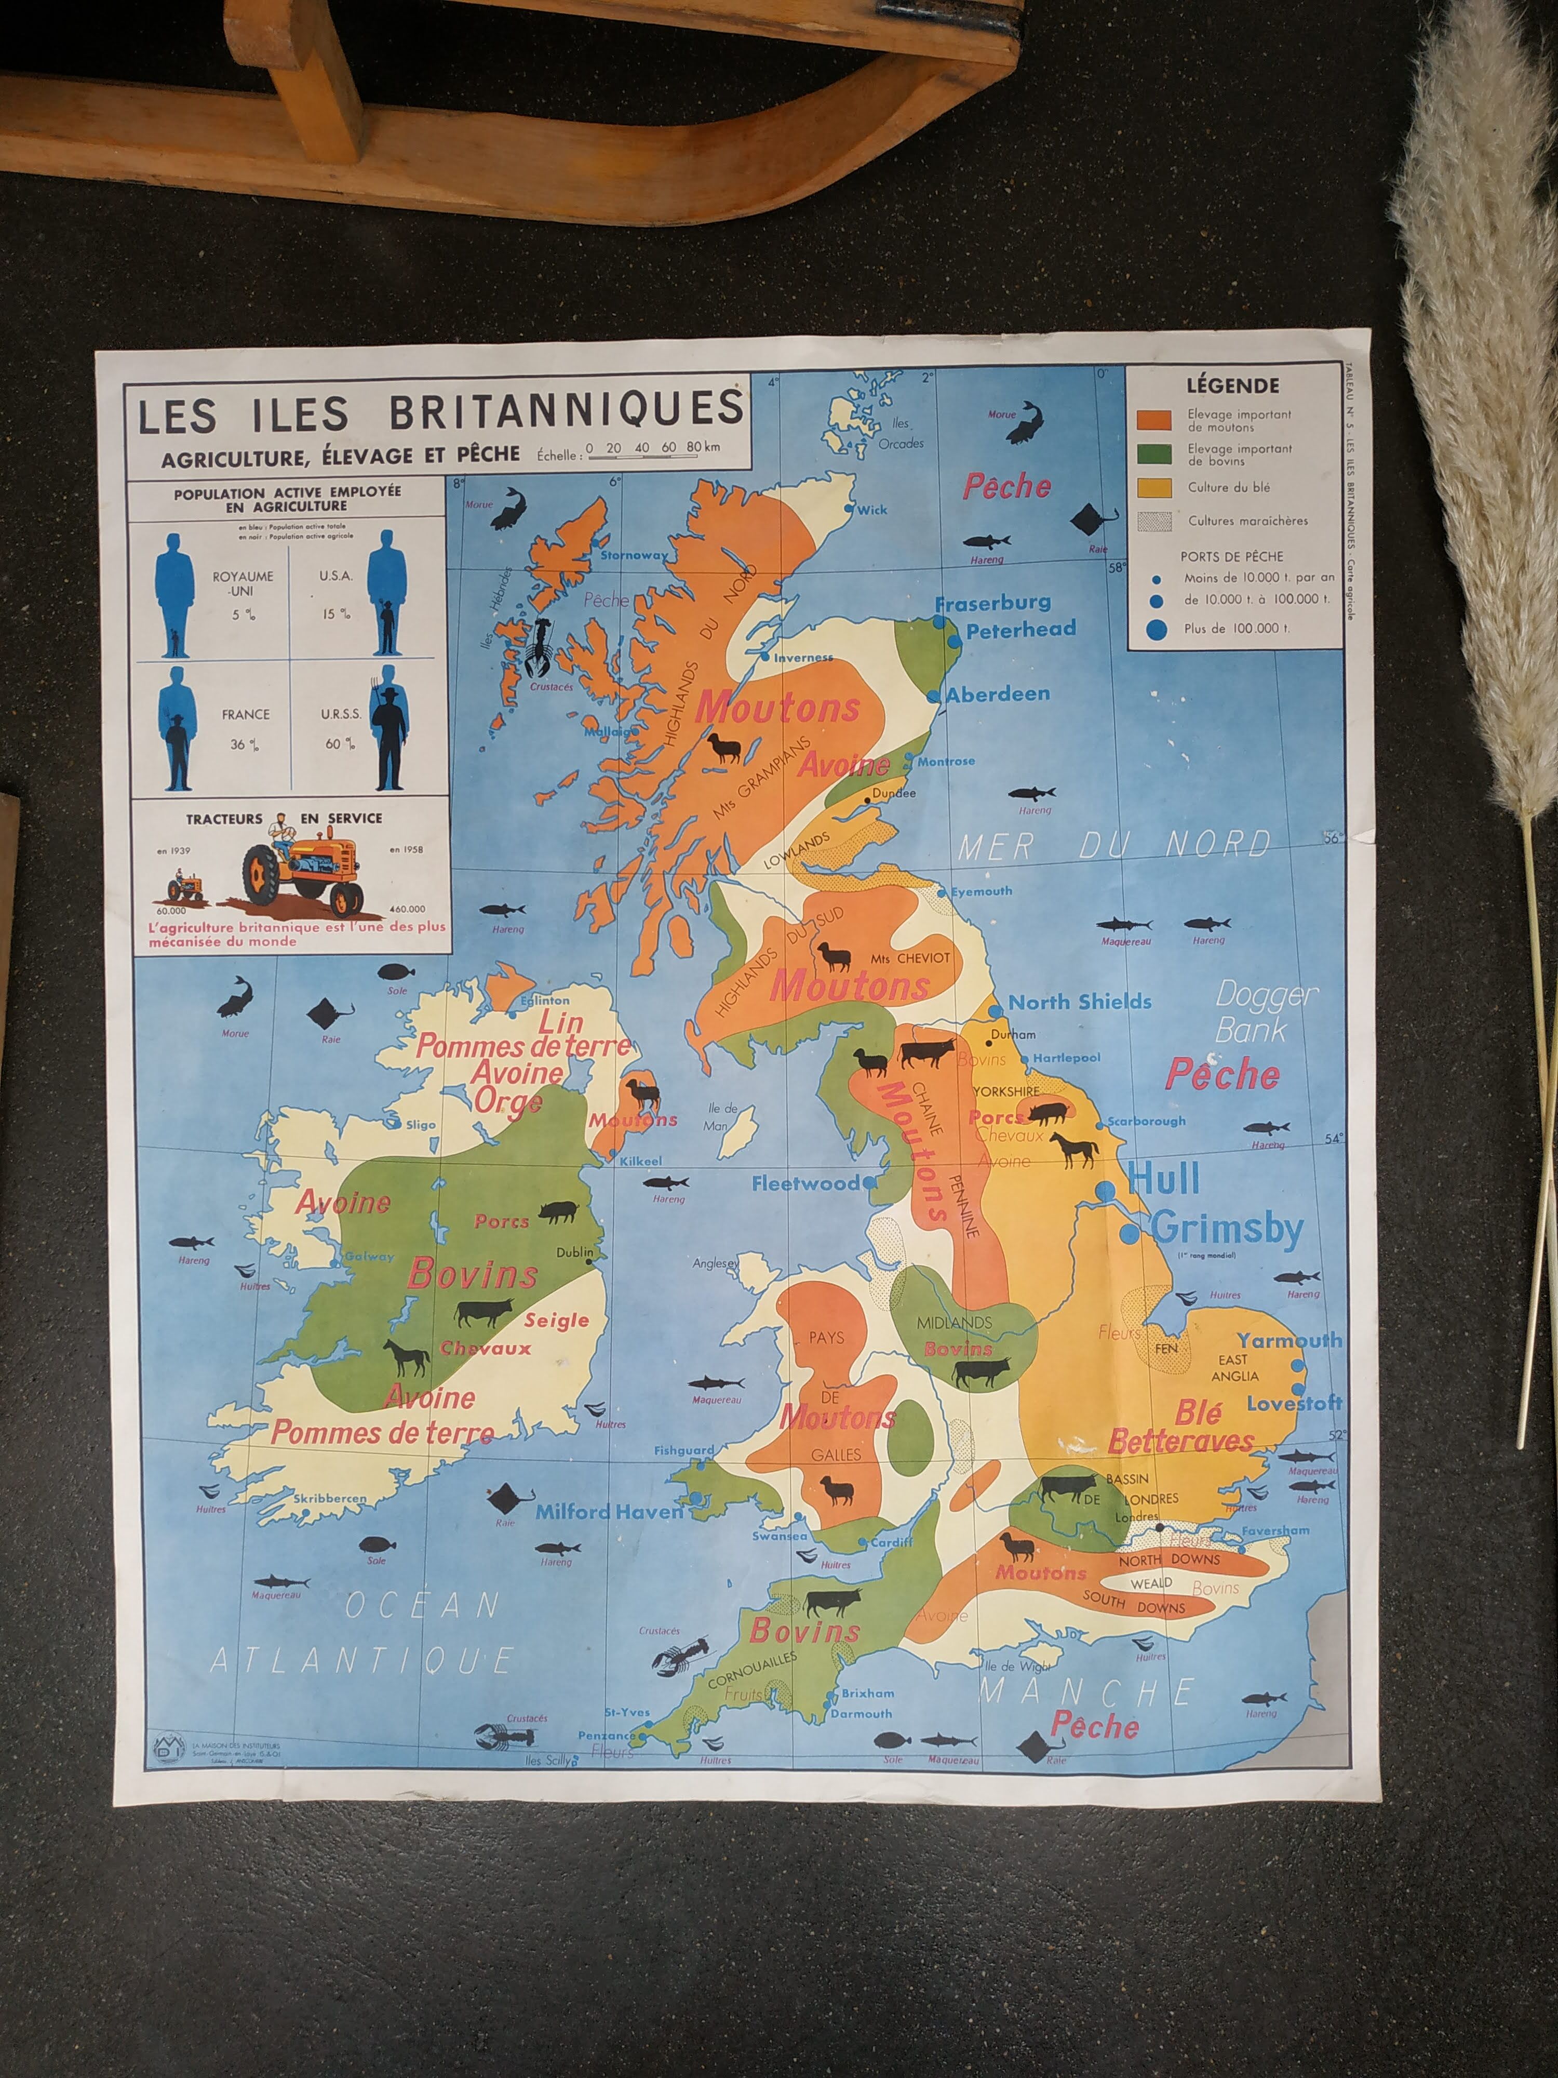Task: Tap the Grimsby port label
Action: tap(1227, 1228)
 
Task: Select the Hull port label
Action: tap(1164, 1179)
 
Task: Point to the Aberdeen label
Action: tap(997, 694)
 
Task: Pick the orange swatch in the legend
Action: tap(1153, 420)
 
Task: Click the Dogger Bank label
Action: tap(1266, 1012)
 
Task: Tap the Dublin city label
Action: tap(575, 1252)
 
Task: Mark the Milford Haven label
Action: tap(610, 1512)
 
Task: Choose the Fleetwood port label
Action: tap(805, 1183)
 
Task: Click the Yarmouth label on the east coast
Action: tap(1288, 1340)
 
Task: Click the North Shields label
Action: tap(1080, 1002)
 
